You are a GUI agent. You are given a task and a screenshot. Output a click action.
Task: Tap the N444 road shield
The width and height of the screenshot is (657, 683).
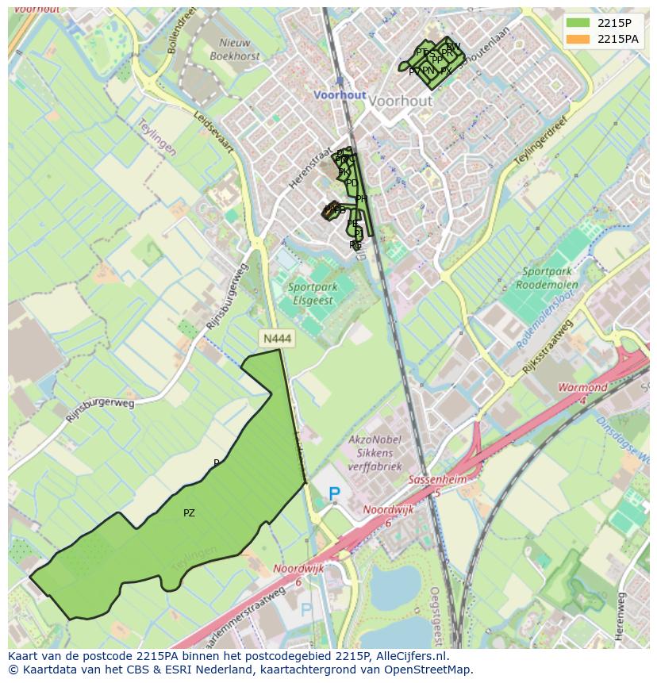coord(277,339)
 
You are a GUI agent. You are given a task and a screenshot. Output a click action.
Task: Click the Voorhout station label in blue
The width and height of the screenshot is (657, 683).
coord(340,94)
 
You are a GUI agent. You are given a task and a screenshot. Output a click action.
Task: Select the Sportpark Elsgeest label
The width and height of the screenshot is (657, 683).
coord(310,294)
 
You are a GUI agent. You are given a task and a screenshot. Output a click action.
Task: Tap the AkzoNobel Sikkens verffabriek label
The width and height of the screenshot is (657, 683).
coord(375,453)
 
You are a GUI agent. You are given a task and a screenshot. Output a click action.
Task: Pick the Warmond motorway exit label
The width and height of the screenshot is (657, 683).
coord(582,388)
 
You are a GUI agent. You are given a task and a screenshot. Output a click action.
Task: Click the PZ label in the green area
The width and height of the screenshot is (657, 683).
coord(189,513)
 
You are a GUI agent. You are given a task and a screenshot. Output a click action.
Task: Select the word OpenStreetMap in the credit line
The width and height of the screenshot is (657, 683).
coord(428,670)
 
